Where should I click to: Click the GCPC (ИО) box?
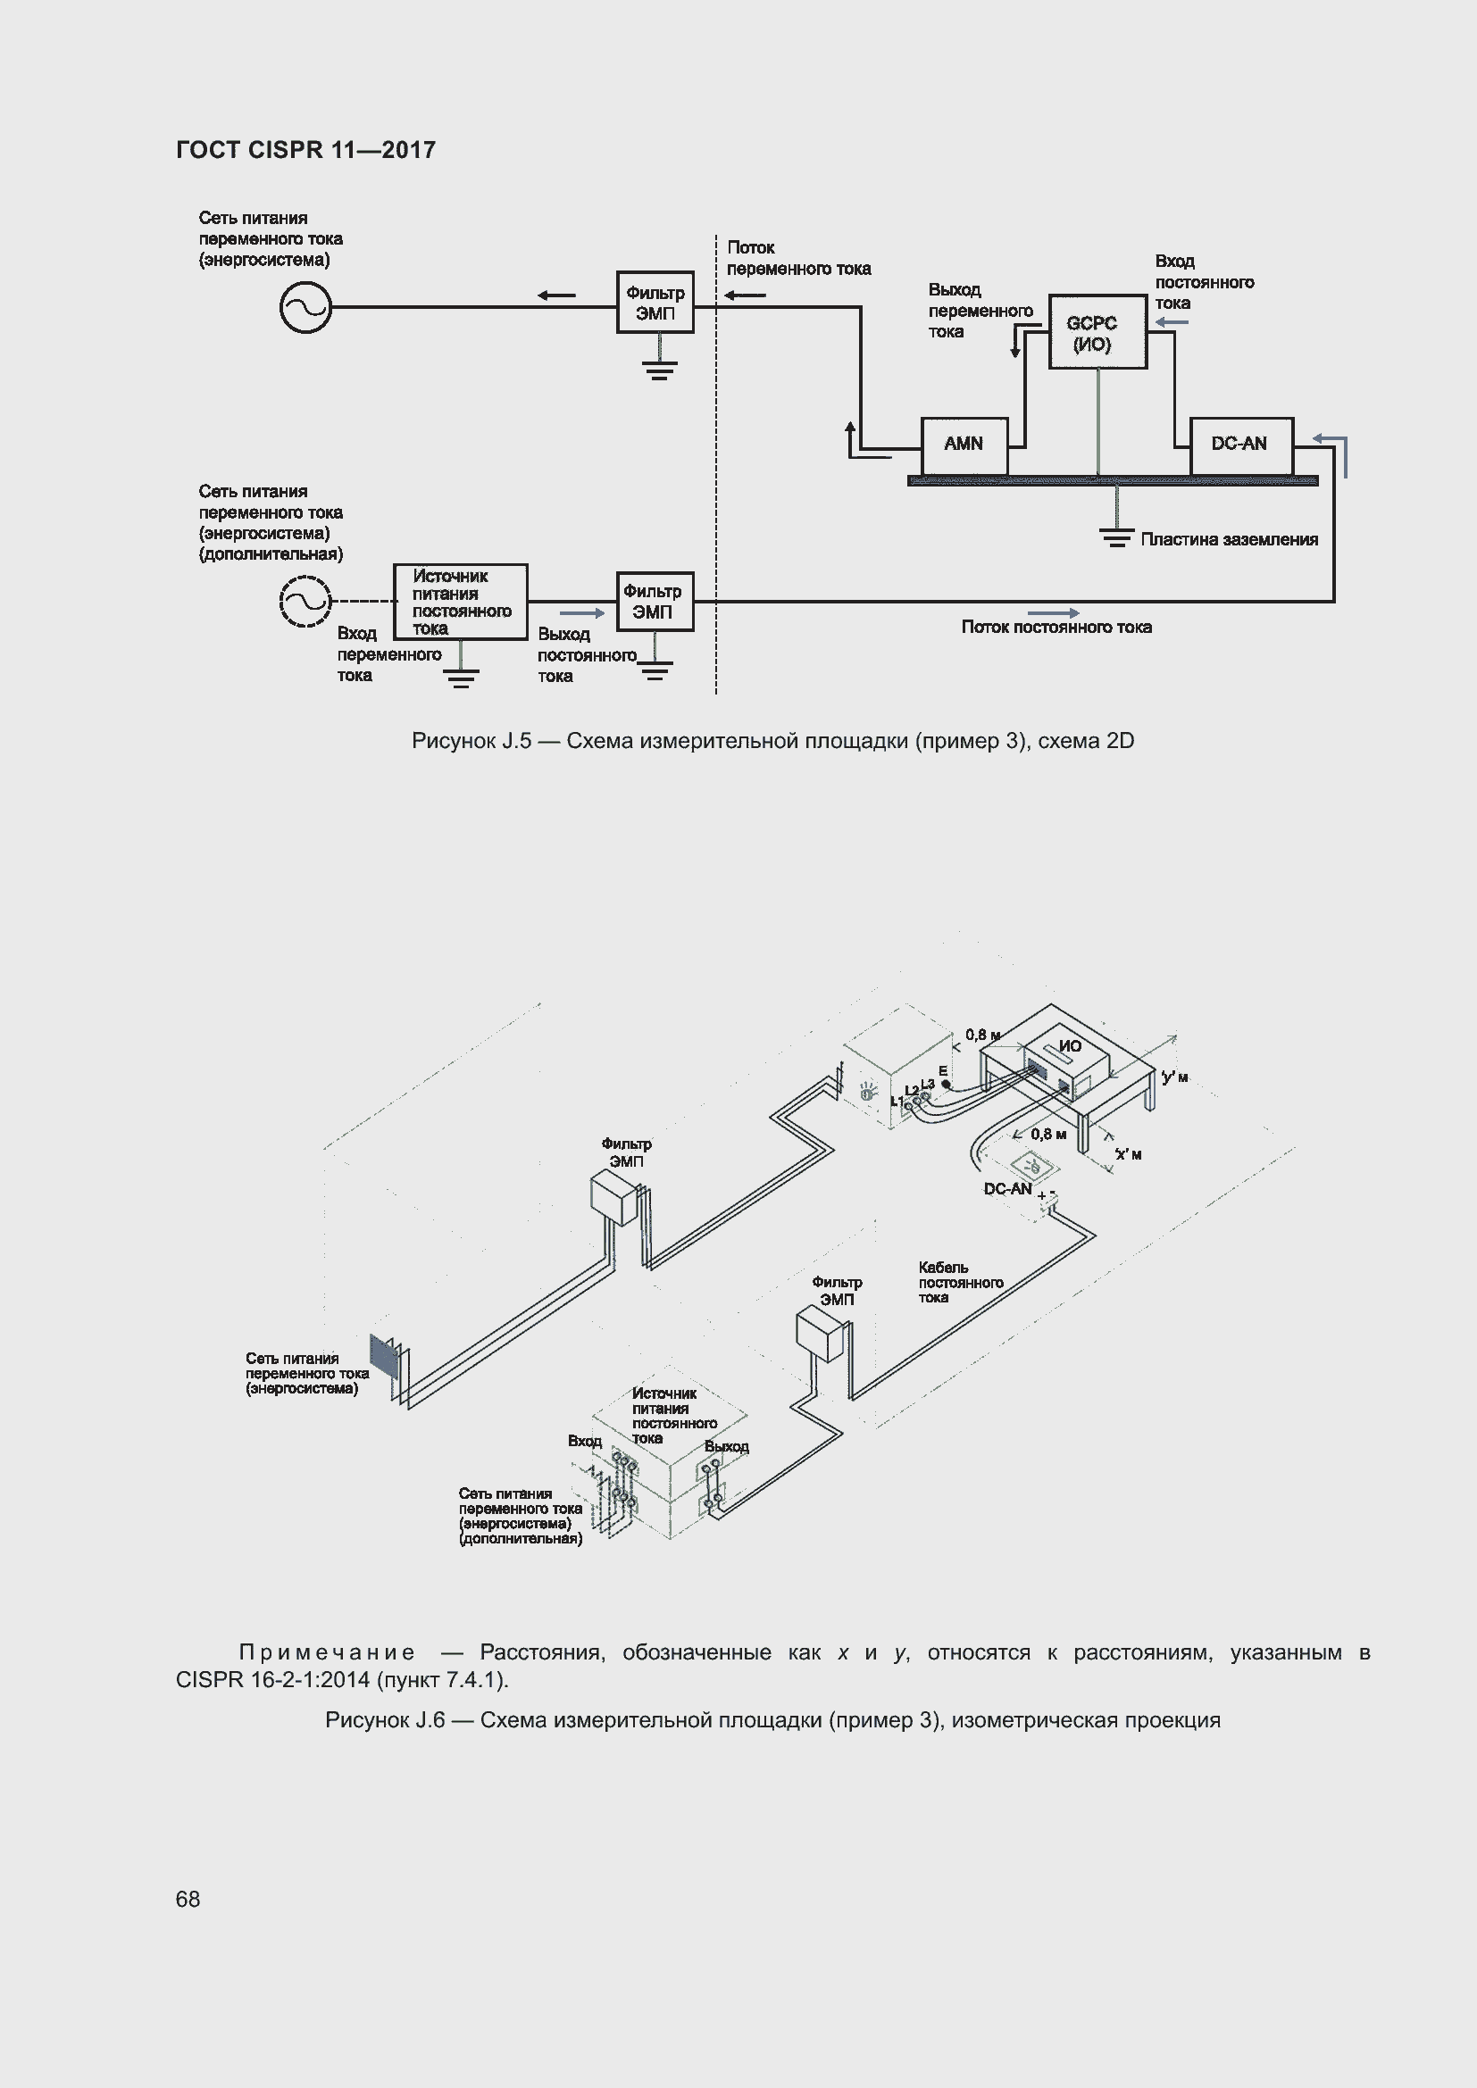pos(1097,332)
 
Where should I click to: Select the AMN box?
pos(964,445)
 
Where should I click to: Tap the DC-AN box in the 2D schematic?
pos(1240,445)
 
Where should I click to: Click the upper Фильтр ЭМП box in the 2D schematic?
pos(655,302)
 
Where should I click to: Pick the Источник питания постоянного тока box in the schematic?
pos(460,602)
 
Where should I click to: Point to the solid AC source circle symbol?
pos(305,307)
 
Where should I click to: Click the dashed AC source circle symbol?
pos(305,601)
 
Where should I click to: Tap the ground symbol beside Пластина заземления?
pos(1117,537)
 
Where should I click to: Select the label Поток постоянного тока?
pos(1056,628)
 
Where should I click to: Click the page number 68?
pos(188,1899)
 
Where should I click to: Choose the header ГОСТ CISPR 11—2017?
pos(305,150)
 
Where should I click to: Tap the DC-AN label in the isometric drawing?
pos(1006,1188)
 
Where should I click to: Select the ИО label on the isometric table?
pos(1070,1046)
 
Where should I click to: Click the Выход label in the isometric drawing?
pos(726,1447)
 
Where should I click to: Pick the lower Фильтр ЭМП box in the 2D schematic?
pos(654,601)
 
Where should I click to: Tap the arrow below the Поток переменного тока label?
pos(745,295)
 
